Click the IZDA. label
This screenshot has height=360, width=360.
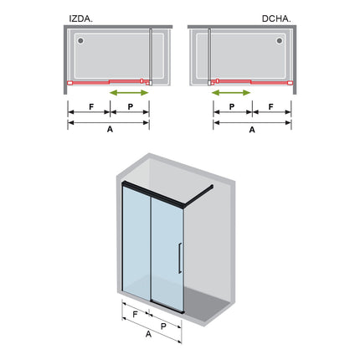tap(81, 18)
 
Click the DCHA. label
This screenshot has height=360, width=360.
tap(276, 18)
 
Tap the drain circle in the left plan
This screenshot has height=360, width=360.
tap(80, 41)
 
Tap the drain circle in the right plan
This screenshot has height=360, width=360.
tap(280, 41)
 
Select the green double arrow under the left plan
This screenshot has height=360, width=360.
tap(129, 93)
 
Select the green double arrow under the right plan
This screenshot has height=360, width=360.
tap(231, 93)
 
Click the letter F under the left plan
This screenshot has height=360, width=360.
tap(91, 106)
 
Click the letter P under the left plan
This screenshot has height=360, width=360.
tap(131, 106)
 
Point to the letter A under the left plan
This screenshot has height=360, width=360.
tap(110, 129)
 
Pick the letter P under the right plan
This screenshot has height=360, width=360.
tap(232, 106)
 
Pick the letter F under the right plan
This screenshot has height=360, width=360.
tap(270, 106)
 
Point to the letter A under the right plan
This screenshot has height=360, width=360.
tap(252, 130)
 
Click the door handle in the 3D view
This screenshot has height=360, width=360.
tap(180, 258)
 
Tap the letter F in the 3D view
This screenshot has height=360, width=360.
tap(135, 315)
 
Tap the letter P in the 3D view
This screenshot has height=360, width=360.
tap(163, 326)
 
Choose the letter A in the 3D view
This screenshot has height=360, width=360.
tap(148, 334)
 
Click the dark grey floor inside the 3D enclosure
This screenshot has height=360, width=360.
tap(207, 304)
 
